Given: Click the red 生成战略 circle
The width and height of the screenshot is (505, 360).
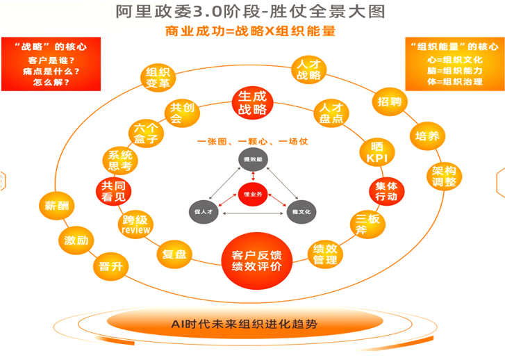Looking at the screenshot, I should [252, 104].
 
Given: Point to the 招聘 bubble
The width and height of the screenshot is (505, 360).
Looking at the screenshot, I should [390, 101].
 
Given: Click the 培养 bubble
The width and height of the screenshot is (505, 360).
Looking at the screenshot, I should [427, 136].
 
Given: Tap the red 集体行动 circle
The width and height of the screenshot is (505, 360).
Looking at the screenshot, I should [386, 191].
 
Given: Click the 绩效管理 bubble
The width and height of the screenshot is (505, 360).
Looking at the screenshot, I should [325, 254].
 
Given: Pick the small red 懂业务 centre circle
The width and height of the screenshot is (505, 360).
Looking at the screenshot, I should [252, 195].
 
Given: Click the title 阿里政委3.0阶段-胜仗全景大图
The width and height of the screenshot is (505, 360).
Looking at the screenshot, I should [253, 13].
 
